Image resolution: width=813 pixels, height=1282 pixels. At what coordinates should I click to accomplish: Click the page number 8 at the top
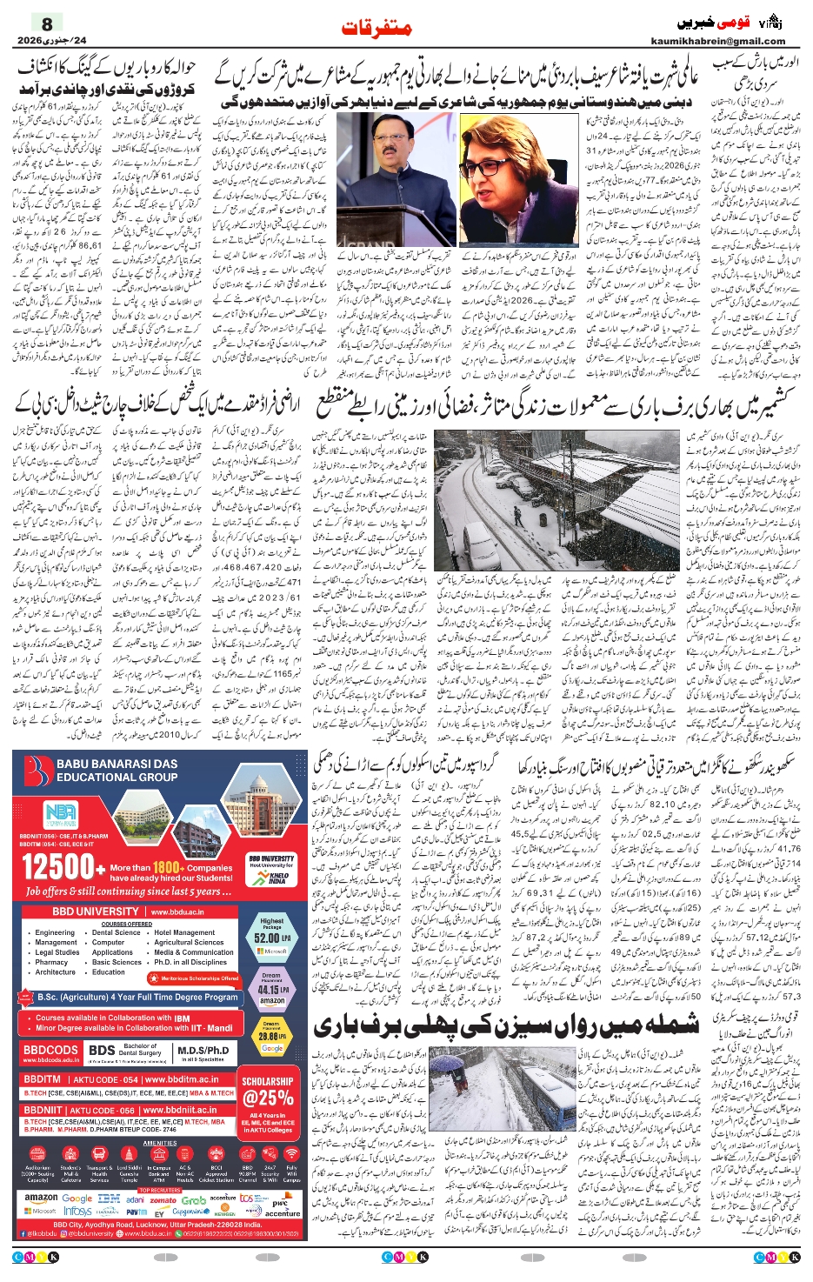(47, 23)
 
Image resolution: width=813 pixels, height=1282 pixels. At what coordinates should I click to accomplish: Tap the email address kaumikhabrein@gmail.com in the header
(717, 41)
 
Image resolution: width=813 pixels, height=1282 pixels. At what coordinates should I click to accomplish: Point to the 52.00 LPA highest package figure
(271, 938)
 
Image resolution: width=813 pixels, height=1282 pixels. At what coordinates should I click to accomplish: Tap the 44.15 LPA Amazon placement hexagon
(271, 989)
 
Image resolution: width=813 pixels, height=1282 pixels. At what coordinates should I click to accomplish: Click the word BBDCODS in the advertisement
(50, 1050)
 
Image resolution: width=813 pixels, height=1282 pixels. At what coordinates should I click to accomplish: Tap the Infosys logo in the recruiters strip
(77, 1211)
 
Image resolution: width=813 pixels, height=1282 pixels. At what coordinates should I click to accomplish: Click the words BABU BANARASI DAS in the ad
(117, 764)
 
